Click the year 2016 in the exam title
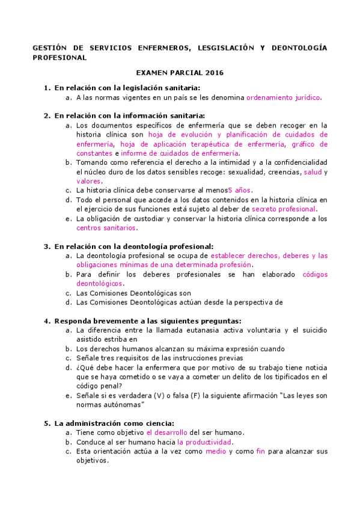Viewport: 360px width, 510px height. (x=213, y=73)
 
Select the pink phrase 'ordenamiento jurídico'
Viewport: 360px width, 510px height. (x=284, y=97)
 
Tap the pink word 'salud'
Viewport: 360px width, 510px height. (x=313, y=172)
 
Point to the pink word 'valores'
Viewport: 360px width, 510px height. (x=89, y=181)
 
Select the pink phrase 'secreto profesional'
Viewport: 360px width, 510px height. (x=284, y=209)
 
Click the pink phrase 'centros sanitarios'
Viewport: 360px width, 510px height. (x=106, y=228)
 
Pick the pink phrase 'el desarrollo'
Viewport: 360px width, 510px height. (x=166, y=432)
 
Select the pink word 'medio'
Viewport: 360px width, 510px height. (x=216, y=451)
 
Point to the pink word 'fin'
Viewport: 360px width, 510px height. (x=260, y=451)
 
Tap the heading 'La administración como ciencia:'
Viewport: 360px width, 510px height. (x=114, y=423)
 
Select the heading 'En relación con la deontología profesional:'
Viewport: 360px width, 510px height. (x=133, y=246)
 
